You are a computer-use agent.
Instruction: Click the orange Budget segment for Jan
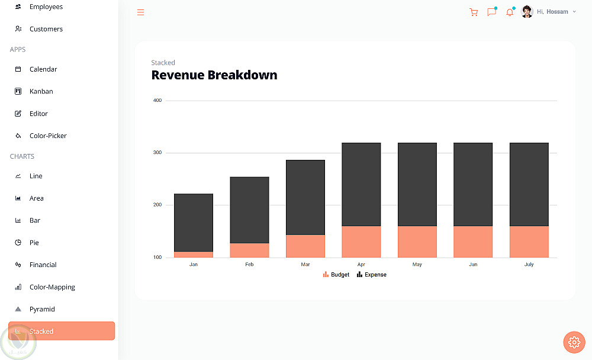(x=194, y=255)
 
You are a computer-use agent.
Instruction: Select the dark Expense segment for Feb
(x=249, y=210)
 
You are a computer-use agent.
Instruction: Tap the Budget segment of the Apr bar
(x=361, y=242)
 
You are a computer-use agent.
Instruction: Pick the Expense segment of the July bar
(x=529, y=184)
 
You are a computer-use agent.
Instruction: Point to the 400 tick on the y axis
(x=157, y=101)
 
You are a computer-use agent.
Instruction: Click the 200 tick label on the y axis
(x=157, y=205)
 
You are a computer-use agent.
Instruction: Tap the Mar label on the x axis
(x=305, y=265)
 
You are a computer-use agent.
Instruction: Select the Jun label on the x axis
(x=473, y=265)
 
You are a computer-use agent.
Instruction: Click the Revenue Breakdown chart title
(x=214, y=75)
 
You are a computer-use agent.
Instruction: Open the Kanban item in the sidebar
(x=41, y=91)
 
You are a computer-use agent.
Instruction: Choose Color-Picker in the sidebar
(x=48, y=136)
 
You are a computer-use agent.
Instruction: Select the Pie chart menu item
(x=34, y=243)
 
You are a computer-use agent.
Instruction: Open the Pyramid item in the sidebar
(x=42, y=309)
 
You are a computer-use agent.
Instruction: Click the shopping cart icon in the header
(x=473, y=12)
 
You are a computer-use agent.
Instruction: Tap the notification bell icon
(x=509, y=12)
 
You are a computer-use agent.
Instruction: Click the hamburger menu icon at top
(x=140, y=12)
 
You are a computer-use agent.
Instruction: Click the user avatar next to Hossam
(x=527, y=12)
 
